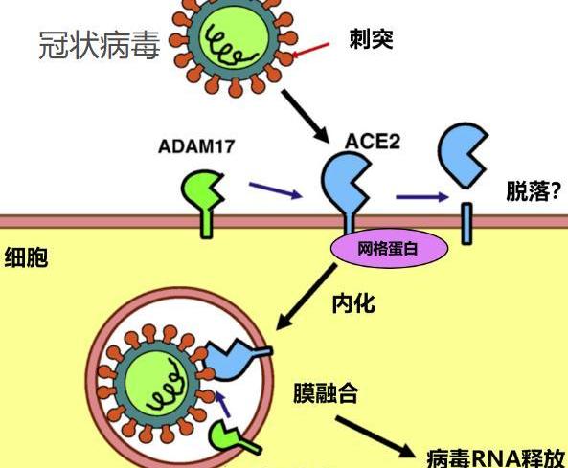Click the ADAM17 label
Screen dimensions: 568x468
pos(196,146)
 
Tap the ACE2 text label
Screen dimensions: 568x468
pos(372,141)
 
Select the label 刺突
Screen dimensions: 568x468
pos(372,39)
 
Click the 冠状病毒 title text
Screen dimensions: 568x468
pos(100,46)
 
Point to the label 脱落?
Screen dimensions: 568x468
pos(534,191)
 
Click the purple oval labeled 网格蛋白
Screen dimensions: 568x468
pos(389,248)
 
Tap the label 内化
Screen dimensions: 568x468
pos(353,303)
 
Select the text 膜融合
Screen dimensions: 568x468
pos(326,392)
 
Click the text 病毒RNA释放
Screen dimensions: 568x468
pos(496,458)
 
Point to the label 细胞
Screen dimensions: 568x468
pos(26,257)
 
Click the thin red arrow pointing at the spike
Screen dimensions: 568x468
pos(310,50)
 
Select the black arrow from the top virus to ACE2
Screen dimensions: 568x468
pos(305,116)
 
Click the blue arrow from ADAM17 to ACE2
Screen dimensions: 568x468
pos(276,190)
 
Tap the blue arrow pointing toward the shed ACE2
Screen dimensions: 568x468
pos(422,197)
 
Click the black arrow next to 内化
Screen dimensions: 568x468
pos(307,297)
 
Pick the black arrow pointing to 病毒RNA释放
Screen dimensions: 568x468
pos(375,436)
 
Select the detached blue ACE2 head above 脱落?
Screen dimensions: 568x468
pos(463,155)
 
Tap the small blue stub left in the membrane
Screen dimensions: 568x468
pos(466,223)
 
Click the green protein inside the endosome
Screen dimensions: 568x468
pos(232,438)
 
